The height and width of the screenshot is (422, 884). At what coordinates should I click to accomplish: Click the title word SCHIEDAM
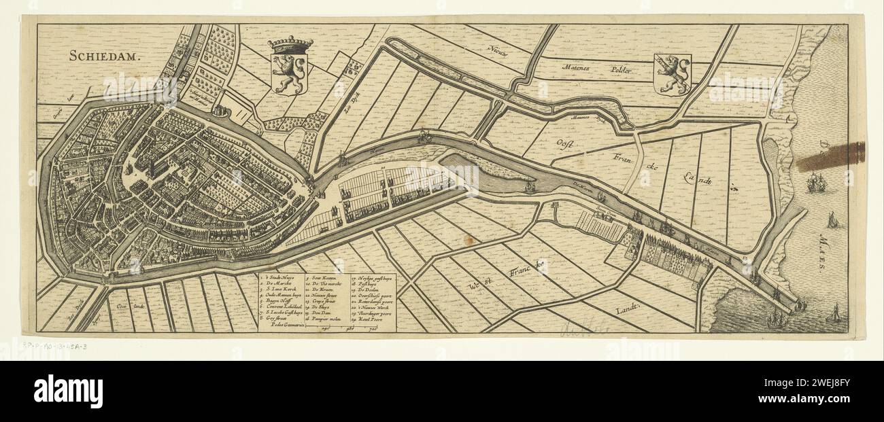click(x=103, y=56)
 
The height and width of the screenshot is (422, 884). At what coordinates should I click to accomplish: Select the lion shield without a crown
click(x=672, y=74)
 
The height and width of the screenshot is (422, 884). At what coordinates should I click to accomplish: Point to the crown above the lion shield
click(x=290, y=45)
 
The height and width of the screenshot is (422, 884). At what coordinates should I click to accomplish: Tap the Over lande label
click(x=126, y=306)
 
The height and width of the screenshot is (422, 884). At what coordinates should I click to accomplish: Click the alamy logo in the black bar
click(x=68, y=391)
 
